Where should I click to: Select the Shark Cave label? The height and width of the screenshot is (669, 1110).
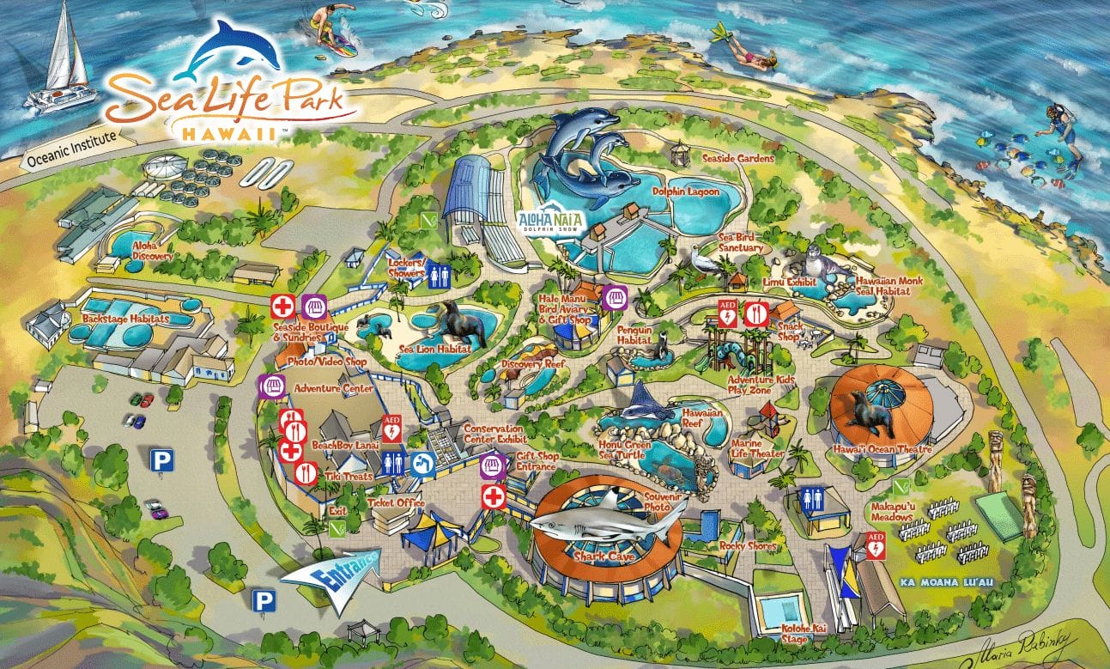click(x=604, y=556)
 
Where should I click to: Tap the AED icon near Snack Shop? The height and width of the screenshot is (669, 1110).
click(x=726, y=312)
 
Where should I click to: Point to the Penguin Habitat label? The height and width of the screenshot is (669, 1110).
click(x=634, y=335)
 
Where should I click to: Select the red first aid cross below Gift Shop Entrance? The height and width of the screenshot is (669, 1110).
click(x=493, y=497)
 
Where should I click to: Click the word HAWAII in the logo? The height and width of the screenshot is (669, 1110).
click(x=229, y=133)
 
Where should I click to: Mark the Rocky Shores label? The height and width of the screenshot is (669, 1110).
click(x=749, y=546)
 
